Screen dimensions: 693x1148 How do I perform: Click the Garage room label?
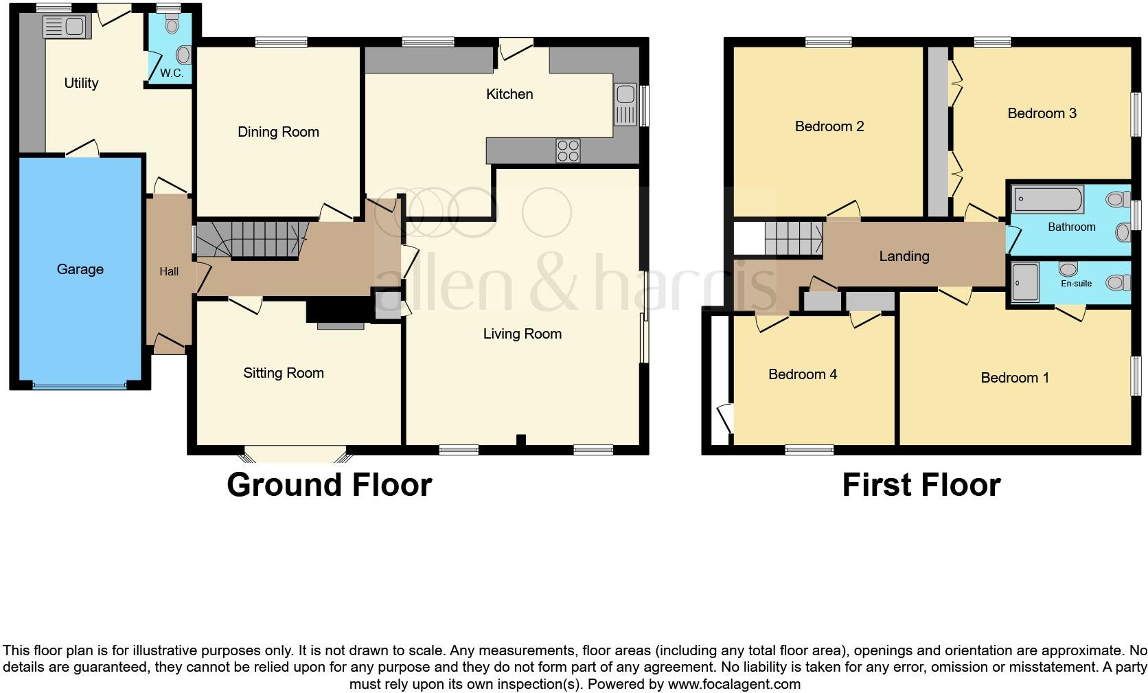80,269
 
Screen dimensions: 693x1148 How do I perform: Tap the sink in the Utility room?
63,27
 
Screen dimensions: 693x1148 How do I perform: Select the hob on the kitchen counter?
568,150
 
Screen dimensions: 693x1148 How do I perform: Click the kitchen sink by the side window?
625,105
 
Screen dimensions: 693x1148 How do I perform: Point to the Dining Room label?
278,132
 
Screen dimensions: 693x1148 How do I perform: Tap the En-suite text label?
1076,283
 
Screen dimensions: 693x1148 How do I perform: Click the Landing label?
904,256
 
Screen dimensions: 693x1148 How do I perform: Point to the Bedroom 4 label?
802,374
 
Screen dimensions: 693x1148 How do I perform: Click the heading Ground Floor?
329,485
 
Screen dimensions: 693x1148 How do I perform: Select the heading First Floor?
921,485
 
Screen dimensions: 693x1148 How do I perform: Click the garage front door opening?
79,386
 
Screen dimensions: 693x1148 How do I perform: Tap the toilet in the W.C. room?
172,25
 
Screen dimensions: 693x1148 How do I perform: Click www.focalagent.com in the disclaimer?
734,684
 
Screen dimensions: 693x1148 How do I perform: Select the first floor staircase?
793,237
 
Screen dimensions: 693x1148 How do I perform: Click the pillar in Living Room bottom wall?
520,440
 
